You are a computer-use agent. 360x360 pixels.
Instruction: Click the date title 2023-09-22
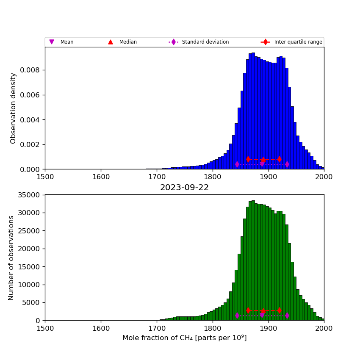click(x=184, y=188)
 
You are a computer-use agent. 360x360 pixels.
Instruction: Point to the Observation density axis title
click(x=14, y=108)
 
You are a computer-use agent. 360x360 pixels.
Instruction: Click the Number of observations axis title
click(x=11, y=258)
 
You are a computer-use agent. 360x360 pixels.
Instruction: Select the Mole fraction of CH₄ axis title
click(x=184, y=338)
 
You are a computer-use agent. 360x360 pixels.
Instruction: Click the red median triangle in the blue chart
click(x=263, y=160)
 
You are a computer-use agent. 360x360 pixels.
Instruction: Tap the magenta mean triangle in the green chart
click(x=262, y=315)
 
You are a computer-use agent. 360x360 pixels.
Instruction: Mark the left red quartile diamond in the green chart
click(x=248, y=310)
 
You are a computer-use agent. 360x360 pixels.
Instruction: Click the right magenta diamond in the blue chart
click(x=287, y=164)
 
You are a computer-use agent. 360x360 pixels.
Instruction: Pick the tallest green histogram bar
click(x=253, y=260)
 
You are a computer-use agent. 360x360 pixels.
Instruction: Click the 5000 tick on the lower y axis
click(x=30, y=303)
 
